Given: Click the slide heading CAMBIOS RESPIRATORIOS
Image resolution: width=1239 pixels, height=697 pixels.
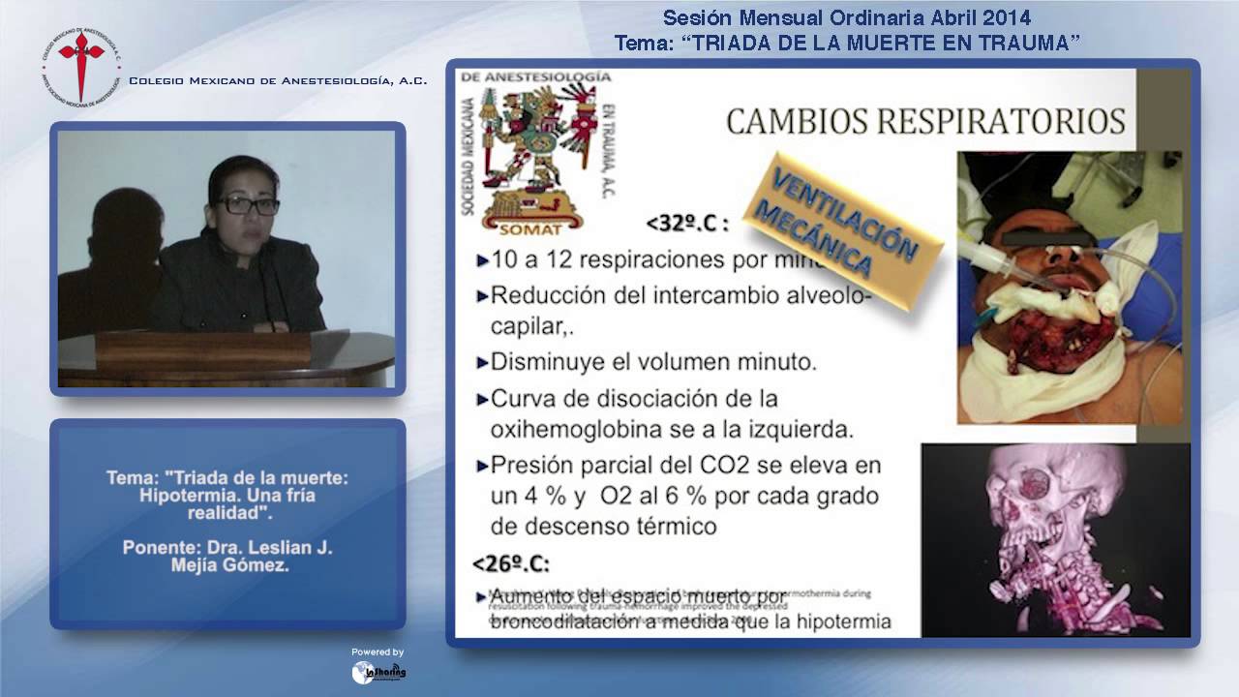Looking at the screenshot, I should tap(924, 121).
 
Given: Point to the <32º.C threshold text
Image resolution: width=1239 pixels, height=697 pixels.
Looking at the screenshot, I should tap(687, 224).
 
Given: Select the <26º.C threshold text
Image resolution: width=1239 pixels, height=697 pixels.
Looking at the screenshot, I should tap(511, 562).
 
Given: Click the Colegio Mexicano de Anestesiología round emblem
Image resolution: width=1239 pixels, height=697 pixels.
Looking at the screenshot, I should tap(81, 65).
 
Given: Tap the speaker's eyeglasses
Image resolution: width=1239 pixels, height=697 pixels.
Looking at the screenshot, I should tap(248, 205).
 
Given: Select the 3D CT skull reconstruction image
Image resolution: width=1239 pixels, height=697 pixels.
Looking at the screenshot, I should tap(1055, 539).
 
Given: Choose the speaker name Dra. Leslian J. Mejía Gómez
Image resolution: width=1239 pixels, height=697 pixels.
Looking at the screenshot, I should tap(227, 557).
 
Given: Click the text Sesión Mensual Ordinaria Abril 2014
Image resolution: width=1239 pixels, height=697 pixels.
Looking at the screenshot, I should tap(847, 17).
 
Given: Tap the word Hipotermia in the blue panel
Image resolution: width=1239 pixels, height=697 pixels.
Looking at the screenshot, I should tap(184, 495).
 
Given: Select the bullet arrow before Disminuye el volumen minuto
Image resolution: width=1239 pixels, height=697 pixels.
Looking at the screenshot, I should tap(482, 363).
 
